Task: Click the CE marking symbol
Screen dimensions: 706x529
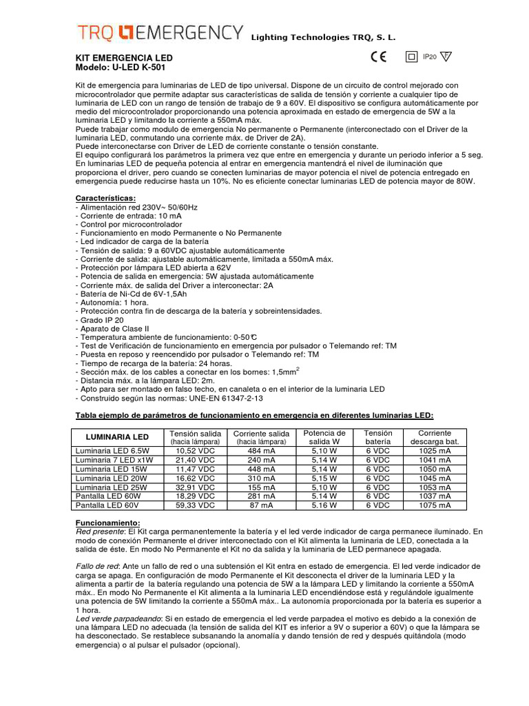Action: [378, 58]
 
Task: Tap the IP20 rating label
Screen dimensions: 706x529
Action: [429, 57]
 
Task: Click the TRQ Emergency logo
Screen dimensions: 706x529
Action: [159, 33]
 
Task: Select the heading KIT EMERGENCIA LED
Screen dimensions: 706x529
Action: [123, 58]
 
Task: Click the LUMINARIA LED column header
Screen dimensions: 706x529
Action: [116, 437]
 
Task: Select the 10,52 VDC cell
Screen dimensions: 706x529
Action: [196, 451]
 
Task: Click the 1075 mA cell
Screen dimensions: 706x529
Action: [435, 505]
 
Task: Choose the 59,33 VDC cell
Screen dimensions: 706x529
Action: [196, 505]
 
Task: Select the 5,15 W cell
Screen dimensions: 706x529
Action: [324, 478]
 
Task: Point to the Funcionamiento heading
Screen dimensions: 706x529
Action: [107, 523]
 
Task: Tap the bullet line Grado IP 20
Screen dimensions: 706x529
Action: [101, 320]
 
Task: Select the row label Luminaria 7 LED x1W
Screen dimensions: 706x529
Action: [114, 460]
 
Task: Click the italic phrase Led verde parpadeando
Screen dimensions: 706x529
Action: [118, 618]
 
